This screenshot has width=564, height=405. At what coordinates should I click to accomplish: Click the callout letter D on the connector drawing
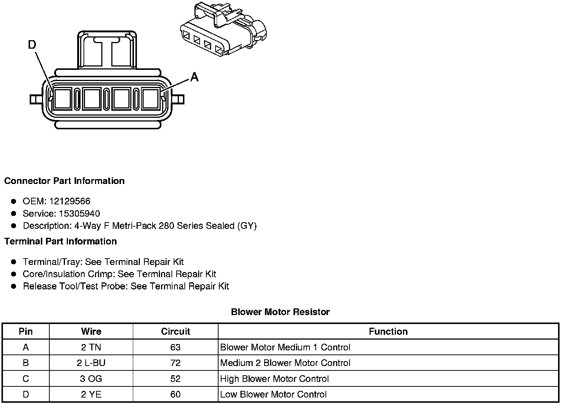(32, 45)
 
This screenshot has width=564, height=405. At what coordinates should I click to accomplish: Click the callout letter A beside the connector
(194, 77)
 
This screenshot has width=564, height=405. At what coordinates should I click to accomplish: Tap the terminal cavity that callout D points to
(62, 99)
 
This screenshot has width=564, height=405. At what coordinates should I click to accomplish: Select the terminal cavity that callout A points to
(151, 99)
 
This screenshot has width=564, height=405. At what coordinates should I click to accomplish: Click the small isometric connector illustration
(223, 30)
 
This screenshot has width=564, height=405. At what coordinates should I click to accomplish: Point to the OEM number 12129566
(70, 201)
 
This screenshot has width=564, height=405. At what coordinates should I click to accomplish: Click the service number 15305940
(79, 214)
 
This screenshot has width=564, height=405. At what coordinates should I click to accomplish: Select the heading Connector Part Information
(64, 181)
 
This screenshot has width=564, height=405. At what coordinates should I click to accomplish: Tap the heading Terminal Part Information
(60, 242)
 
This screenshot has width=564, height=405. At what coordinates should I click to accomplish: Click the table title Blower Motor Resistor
(280, 312)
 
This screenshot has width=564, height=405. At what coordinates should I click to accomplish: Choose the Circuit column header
(176, 331)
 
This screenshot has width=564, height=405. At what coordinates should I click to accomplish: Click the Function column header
(388, 331)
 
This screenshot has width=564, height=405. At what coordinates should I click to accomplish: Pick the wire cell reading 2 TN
(91, 347)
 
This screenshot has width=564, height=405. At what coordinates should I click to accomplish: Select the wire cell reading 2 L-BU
(91, 363)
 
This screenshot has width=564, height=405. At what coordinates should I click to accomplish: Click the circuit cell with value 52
(176, 379)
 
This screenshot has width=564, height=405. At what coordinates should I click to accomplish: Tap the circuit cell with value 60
(176, 395)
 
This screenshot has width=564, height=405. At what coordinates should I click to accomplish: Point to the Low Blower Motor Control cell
(273, 395)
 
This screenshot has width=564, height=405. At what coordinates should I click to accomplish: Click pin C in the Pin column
(26, 379)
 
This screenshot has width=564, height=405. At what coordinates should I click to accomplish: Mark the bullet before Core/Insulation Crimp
(14, 274)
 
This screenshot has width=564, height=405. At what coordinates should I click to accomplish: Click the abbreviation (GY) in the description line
(247, 226)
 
